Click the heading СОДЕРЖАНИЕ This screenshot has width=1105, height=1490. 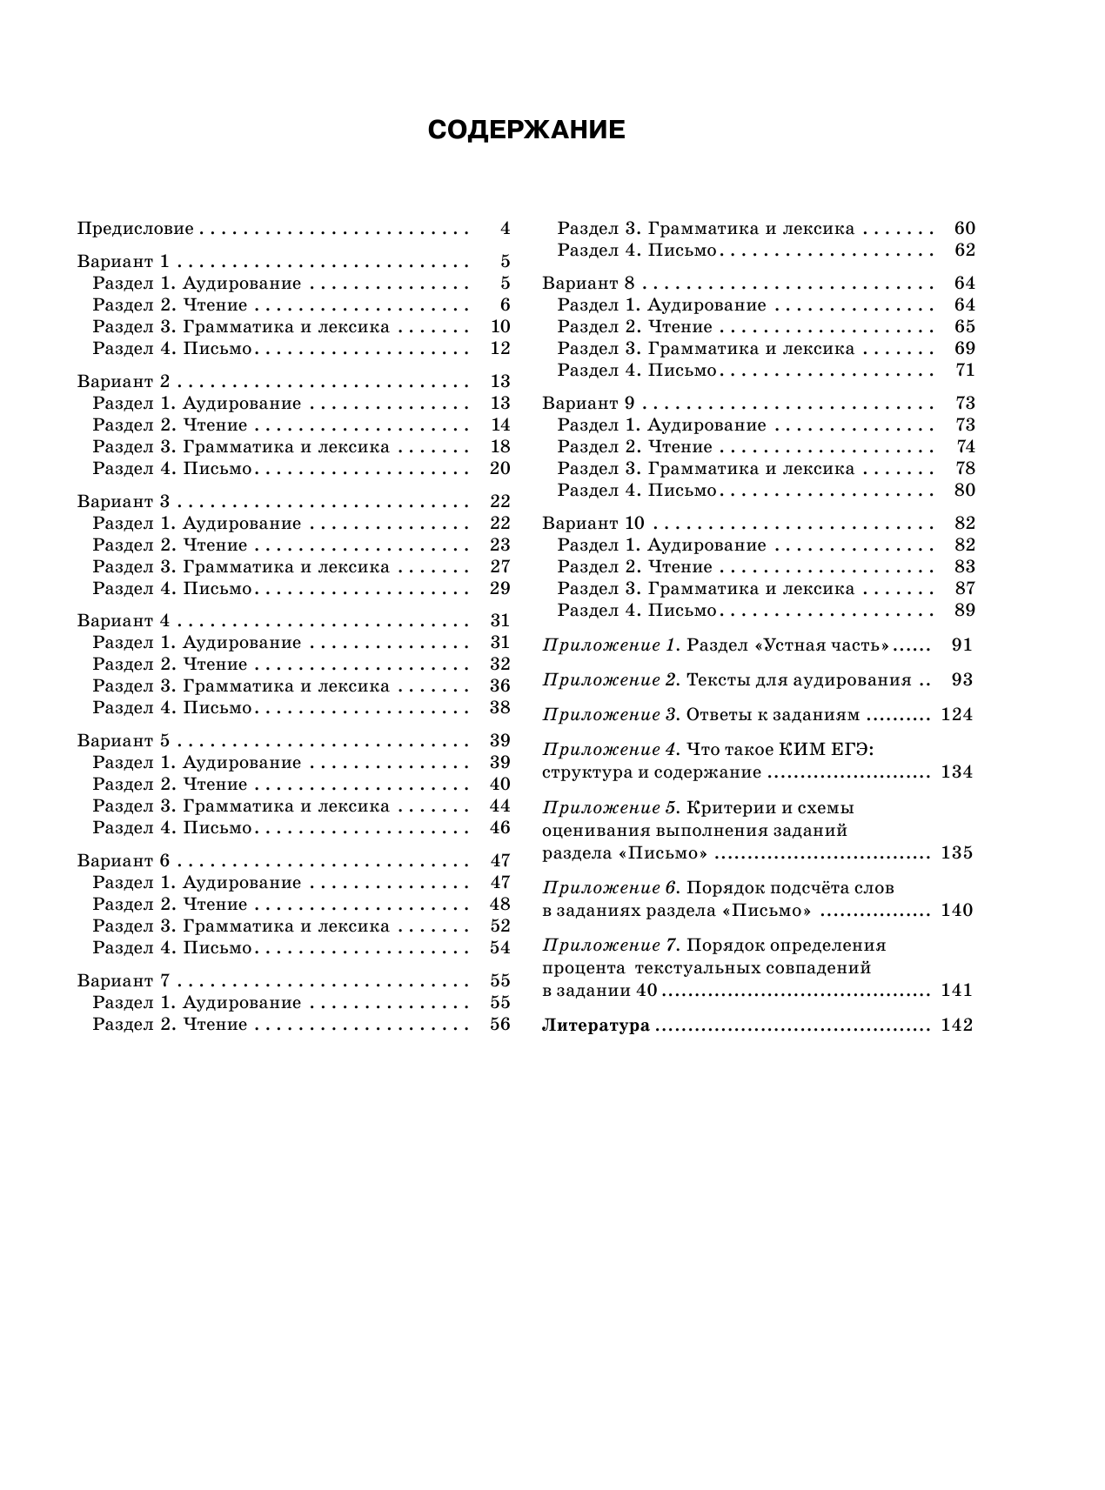click(x=526, y=130)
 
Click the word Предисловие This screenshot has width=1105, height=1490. click(x=135, y=230)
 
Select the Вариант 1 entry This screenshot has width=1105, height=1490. click(x=124, y=262)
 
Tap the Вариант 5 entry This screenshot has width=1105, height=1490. click(x=124, y=741)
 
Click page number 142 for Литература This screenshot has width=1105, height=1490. click(x=956, y=1026)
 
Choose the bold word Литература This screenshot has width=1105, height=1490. click(x=596, y=1026)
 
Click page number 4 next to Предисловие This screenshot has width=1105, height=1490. click(x=505, y=230)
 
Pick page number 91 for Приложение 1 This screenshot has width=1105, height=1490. click(x=962, y=645)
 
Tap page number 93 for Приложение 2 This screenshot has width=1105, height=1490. click(x=962, y=680)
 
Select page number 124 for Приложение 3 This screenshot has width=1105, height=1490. click(x=956, y=715)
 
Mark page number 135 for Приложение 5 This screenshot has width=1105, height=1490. click(x=956, y=852)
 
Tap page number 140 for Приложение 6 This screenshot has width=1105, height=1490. click(x=956, y=911)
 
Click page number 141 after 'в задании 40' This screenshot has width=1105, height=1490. click(x=956, y=991)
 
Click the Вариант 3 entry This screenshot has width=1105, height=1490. click(x=124, y=502)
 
